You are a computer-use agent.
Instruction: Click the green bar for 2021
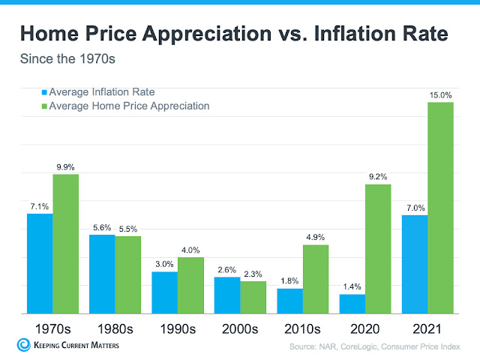440,207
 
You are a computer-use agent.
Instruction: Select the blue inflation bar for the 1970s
40,263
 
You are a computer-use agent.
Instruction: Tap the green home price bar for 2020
377,248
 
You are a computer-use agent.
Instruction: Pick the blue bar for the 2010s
289,301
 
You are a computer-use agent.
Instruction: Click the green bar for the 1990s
190,285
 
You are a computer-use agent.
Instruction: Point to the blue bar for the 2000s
227,295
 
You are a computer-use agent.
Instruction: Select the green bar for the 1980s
127,274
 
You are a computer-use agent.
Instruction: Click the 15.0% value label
440,95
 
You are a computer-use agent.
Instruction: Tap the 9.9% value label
65,166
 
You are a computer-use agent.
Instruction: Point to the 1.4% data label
352,287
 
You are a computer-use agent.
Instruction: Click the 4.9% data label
315,238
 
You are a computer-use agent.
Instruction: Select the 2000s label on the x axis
239,328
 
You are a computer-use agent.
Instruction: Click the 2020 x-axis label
364,328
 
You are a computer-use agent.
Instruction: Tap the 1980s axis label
115,328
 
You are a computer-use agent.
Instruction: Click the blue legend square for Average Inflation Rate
44,92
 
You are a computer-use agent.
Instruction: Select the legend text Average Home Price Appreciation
129,106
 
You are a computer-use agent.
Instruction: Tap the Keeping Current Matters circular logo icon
22,345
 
